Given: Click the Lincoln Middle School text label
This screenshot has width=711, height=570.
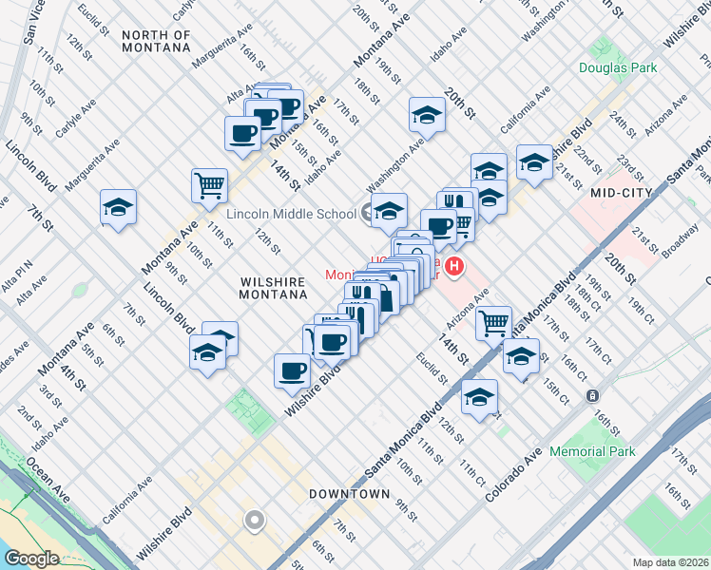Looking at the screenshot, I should [291, 214].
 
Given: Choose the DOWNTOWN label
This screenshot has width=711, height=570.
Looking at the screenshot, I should [349, 494].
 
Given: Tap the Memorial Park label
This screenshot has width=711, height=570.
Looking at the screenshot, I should [592, 452].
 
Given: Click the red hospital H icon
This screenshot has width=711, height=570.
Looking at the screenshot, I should [456, 267].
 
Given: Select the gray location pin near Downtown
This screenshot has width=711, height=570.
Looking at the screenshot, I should [254, 520].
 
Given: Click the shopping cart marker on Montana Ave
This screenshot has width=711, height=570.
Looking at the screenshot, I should [209, 185].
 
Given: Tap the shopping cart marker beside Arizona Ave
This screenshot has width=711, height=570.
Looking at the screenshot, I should [493, 323].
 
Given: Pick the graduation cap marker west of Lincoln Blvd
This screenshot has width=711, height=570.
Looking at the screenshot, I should [119, 207].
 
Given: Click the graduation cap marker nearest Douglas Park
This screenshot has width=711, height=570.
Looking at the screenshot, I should [535, 162].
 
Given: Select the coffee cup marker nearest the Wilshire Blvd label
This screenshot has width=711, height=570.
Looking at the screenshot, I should [292, 370].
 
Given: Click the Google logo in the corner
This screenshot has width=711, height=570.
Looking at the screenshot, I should [30, 559].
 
